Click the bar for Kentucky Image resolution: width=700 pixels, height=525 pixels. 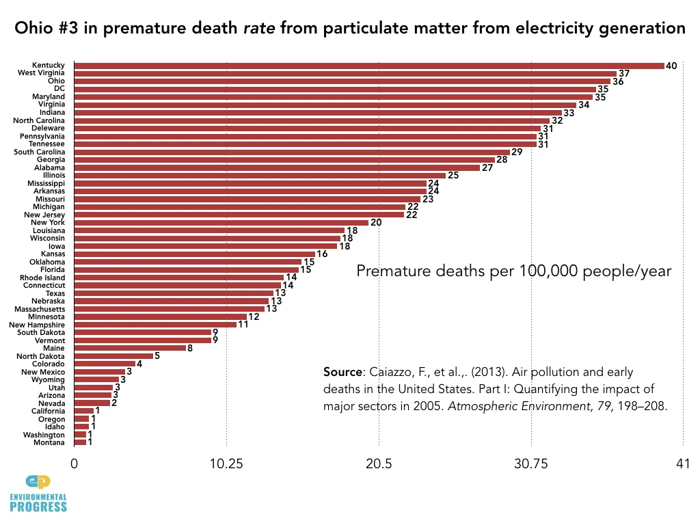[x=369, y=66]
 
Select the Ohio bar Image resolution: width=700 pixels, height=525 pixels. [x=342, y=81]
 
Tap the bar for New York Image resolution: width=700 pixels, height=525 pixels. [x=221, y=222]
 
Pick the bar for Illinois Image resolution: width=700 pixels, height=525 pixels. [x=260, y=175]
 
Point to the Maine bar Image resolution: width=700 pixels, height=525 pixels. [x=130, y=348]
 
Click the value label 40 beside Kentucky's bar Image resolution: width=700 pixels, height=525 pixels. [x=671, y=66]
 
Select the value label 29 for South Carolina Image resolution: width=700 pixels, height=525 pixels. [x=517, y=152]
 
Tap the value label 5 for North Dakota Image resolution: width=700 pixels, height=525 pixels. [x=157, y=355]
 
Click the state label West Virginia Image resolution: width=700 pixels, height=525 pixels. [x=41, y=73]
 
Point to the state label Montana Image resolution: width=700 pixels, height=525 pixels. [x=49, y=442]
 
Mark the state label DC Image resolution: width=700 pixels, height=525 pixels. [x=59, y=89]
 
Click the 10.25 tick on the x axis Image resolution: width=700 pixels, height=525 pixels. [x=226, y=463]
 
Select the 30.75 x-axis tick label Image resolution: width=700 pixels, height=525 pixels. [x=531, y=463]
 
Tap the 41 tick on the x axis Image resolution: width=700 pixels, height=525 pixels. [x=682, y=463]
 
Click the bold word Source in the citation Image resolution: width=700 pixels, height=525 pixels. [x=343, y=373]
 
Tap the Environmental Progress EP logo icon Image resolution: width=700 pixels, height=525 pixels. [x=38, y=482]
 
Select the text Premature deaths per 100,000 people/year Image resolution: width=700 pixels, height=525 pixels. [x=514, y=271]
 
